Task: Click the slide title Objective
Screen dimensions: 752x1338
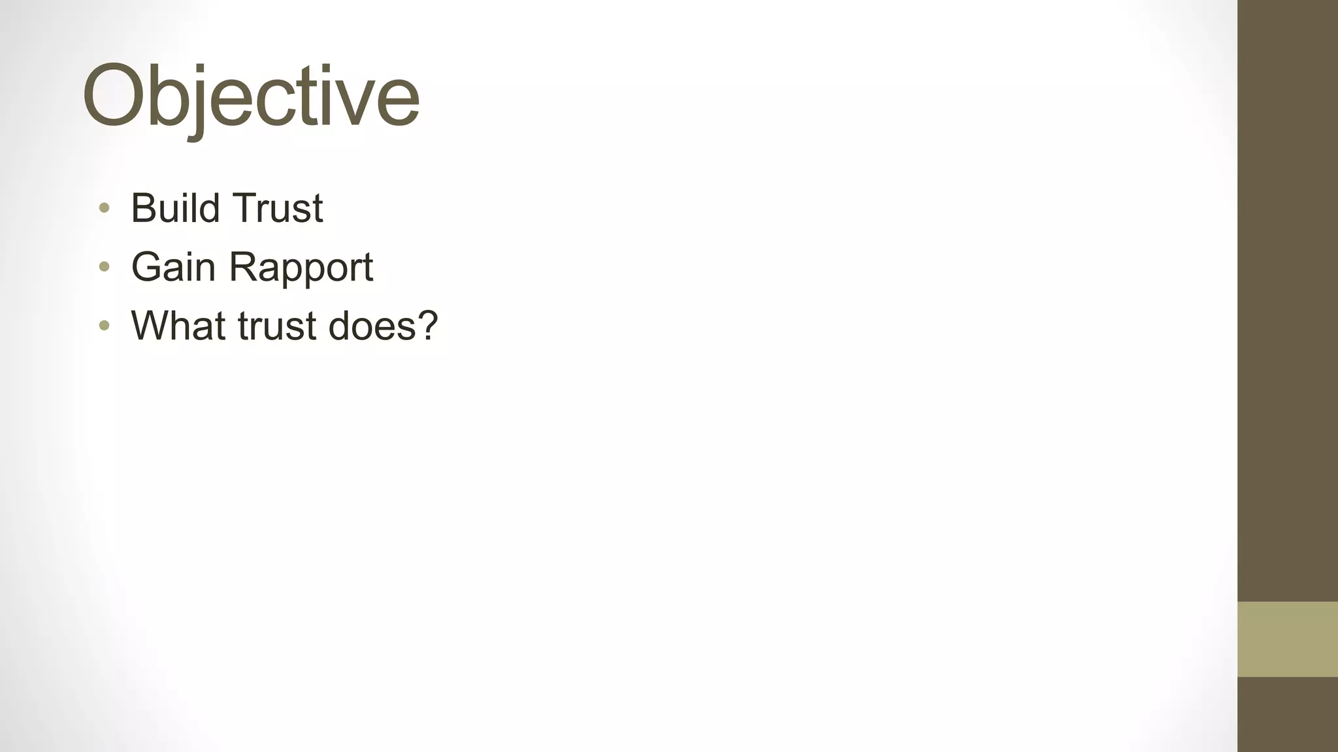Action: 250,97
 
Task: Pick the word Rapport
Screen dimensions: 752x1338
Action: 301,268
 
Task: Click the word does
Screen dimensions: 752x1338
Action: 371,326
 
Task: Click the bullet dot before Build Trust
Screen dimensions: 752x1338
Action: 104,208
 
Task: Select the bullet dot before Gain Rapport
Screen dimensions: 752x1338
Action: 104,266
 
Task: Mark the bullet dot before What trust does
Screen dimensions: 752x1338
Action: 104,325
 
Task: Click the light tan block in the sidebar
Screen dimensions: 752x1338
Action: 1287,638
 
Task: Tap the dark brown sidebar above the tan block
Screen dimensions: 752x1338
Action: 1287,294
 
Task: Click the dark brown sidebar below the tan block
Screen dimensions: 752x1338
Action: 1287,714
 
